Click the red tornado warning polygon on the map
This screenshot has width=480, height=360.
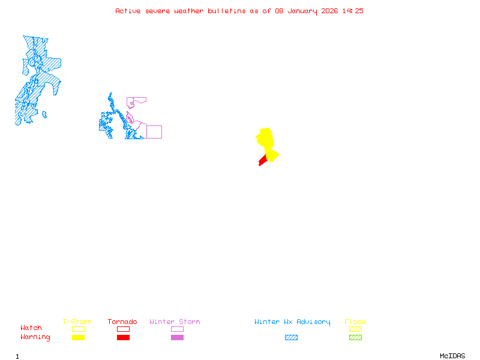262,160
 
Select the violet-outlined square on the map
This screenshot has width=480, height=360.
154,132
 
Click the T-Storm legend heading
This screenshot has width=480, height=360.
77,322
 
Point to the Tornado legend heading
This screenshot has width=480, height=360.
122,322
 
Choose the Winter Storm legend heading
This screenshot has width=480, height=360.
175,322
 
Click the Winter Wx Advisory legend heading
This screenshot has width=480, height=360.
292,322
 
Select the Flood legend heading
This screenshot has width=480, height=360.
355,322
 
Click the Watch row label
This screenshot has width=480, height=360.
31,328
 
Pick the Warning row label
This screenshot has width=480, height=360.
35,337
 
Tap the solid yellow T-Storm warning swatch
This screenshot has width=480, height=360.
78,337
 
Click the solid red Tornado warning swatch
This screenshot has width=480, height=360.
123,337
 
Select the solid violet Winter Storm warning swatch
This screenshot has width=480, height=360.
177,337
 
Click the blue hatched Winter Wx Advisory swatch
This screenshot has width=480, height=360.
291,337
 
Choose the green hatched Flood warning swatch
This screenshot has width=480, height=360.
355,337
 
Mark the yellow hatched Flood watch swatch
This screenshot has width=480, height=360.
355,329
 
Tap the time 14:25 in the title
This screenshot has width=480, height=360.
353,11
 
